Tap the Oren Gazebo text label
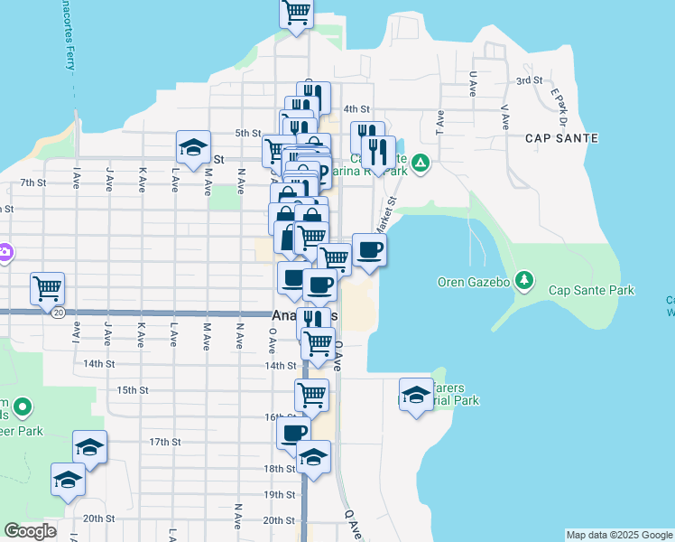pos(475,281)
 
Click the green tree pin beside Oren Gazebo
pos(523,280)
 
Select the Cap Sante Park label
pos(591,290)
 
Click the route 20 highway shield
pos(58,312)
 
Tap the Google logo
pos(31,531)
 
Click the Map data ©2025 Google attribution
pos(619,535)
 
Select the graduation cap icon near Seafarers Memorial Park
pos(416,395)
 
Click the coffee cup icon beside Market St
pos(369,249)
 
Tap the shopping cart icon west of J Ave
pos(47,288)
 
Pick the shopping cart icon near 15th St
pos(311,394)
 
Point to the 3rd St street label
pos(528,80)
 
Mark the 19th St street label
pos(279,495)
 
